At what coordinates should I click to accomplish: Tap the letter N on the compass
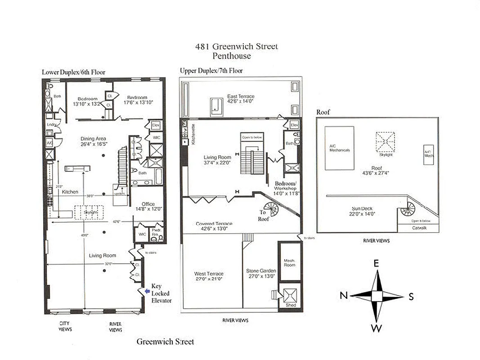coord(344,296)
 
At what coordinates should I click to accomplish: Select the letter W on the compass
coord(377,328)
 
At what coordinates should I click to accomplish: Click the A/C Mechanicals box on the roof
coord(339,148)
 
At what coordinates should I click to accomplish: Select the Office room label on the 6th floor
coord(148,204)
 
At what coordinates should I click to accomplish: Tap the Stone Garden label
coord(261,270)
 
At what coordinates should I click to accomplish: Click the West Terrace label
coord(209,274)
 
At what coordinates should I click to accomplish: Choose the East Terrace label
coord(241,96)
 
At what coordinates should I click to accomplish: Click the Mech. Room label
coord(289,262)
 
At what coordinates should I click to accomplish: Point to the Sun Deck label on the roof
coord(362,208)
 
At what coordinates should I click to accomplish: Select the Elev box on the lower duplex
coord(156,125)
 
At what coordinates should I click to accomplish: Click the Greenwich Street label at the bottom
coord(165,342)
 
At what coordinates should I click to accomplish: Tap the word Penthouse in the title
coord(232,56)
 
